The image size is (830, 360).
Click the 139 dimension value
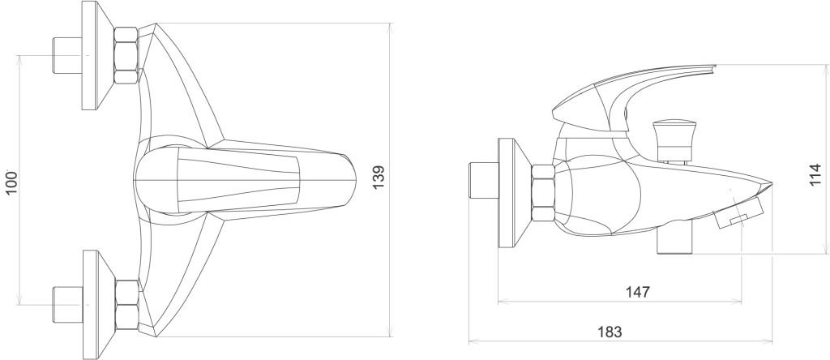coord(378,178)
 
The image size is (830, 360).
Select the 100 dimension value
coord(11,182)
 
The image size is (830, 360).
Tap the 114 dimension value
coord(815,174)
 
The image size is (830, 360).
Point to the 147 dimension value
coord(637,291)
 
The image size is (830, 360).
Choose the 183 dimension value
coord(610,332)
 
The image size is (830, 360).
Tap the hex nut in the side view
coord(543,193)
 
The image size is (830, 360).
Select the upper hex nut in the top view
coord(126,55)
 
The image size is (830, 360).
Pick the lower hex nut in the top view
coord(127,306)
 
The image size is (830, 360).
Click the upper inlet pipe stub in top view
coord(66,55)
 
